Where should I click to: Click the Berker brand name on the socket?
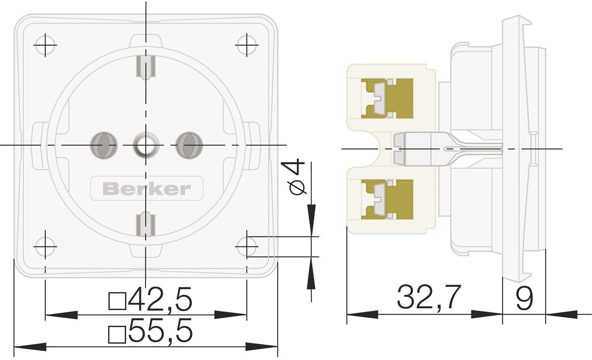coord(146,189)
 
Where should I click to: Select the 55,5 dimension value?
coord(160,331)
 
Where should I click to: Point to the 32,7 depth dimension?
coord(429,297)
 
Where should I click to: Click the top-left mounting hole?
coord(45,45)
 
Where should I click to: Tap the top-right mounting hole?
coord(247,45)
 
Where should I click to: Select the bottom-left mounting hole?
coord(45,247)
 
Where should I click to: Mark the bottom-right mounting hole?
coord(247,247)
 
